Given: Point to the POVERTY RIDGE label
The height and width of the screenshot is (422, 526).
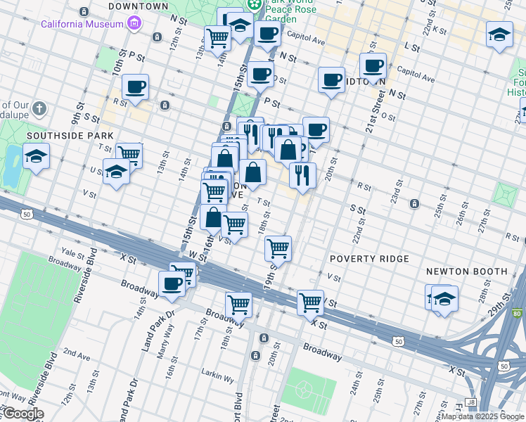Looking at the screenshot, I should click(369, 259).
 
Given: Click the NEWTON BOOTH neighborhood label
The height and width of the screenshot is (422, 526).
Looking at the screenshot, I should click(467, 271).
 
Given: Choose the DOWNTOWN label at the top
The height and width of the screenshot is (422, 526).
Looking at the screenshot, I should click(139, 6).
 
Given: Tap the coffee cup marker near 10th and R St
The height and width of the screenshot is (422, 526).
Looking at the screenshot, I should click(135, 88).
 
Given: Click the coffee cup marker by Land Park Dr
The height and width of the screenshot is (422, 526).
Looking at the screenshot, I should click(170, 283).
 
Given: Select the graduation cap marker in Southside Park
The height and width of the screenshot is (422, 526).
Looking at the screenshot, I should click(36, 156).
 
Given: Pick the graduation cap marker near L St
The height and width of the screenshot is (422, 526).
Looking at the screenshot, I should click(499, 34).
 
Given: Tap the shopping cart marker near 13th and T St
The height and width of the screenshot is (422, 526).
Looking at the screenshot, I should click(129, 154).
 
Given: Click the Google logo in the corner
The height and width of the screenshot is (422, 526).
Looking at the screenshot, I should click(23, 414).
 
